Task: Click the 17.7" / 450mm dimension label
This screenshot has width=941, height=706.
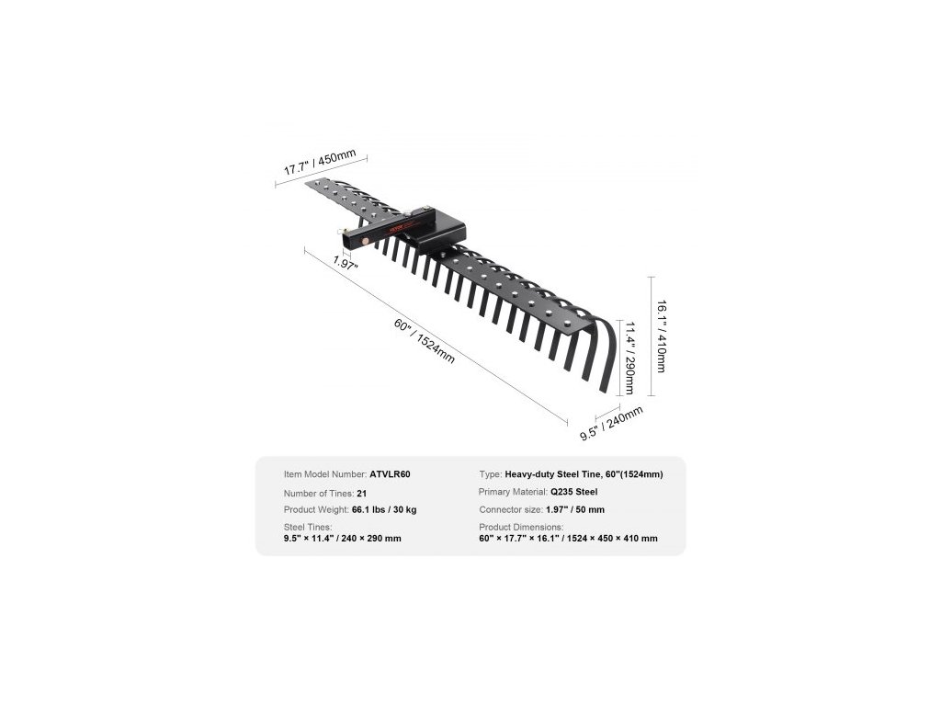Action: [x=312, y=164]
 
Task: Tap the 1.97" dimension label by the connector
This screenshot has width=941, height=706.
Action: [x=346, y=263]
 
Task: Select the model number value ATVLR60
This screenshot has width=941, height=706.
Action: [x=390, y=474]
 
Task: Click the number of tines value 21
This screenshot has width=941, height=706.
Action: [x=362, y=493]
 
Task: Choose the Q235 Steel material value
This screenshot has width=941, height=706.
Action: [x=575, y=493]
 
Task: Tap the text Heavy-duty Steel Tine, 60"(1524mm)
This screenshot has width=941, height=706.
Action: [x=584, y=474]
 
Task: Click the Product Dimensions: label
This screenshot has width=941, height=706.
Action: [x=521, y=527]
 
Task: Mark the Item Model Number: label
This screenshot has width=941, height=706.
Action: [x=324, y=474]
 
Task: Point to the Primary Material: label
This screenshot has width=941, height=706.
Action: [x=513, y=493]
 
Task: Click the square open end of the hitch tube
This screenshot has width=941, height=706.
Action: [x=347, y=240]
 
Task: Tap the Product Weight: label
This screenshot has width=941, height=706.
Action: [x=316, y=509]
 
